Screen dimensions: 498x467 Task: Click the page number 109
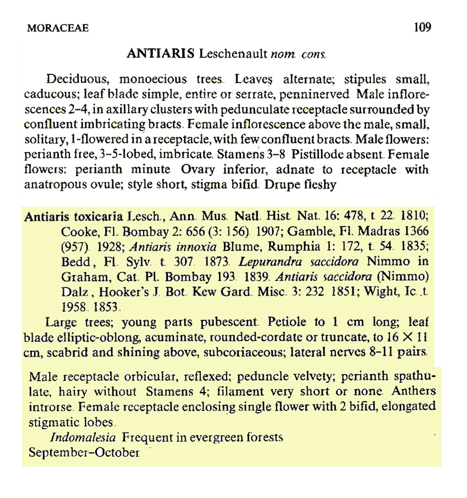(422, 27)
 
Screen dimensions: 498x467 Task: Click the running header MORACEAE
(58, 28)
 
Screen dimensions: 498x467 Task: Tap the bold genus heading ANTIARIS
(161, 54)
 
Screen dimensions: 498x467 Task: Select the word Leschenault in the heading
(233, 54)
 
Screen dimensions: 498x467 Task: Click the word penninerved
(314, 94)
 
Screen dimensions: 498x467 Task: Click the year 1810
(413, 216)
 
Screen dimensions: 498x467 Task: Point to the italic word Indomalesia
(83, 438)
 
